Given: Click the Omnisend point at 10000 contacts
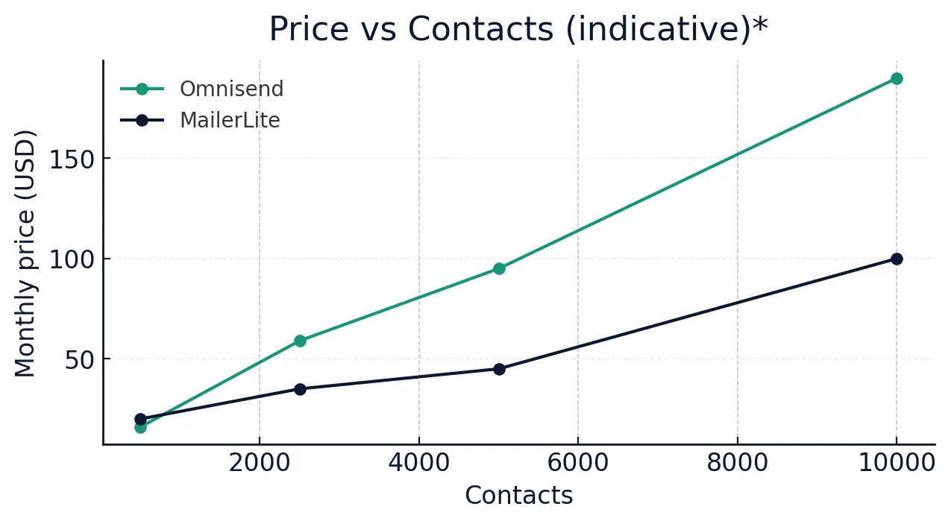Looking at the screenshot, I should pyautogui.click(x=897, y=78).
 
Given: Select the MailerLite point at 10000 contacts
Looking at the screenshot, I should pyautogui.click(x=897, y=259).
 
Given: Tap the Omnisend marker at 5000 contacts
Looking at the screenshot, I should pyautogui.click(x=499, y=268).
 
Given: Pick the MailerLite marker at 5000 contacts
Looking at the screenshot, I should pyautogui.click(x=499, y=369).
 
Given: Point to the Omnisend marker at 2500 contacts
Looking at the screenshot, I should pyautogui.click(x=300, y=341).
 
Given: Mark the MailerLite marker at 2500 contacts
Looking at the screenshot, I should pyautogui.click(x=300, y=389).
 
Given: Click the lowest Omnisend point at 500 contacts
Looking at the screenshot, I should pyautogui.click(x=140, y=427).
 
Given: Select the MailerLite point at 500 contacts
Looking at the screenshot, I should pyautogui.click(x=140, y=419).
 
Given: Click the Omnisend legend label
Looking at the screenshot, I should pyautogui.click(x=231, y=89).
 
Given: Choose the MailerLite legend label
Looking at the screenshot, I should pyautogui.click(x=230, y=120).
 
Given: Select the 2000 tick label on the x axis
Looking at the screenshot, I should pyautogui.click(x=259, y=463).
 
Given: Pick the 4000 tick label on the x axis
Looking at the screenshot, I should pyautogui.click(x=418, y=463).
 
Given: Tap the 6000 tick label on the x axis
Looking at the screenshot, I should pyautogui.click(x=578, y=463).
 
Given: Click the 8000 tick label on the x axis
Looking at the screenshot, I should pyautogui.click(x=737, y=463).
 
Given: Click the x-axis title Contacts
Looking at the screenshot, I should pyautogui.click(x=518, y=496).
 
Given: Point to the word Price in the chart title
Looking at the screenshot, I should pyautogui.click(x=308, y=30).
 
